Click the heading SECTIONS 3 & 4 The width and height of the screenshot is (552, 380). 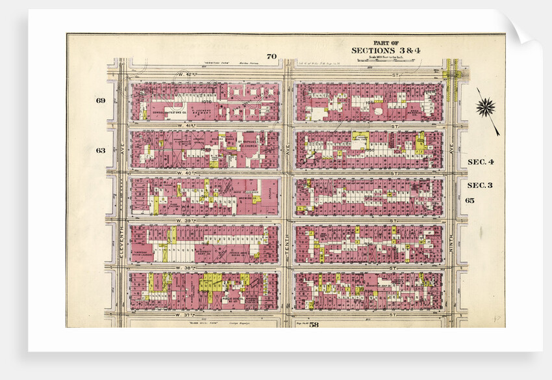tap(381, 51)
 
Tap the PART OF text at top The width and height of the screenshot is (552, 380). tap(381, 42)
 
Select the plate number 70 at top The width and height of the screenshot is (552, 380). tap(271, 56)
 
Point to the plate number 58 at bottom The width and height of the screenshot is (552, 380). tap(314, 324)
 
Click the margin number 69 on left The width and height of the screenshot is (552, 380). tap(101, 100)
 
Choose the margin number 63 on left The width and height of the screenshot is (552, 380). tap(101, 150)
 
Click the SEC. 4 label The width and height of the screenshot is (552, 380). tap(481, 161)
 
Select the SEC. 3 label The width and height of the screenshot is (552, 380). tap(481, 185)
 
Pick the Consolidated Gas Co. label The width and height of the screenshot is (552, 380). tap(170, 111)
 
